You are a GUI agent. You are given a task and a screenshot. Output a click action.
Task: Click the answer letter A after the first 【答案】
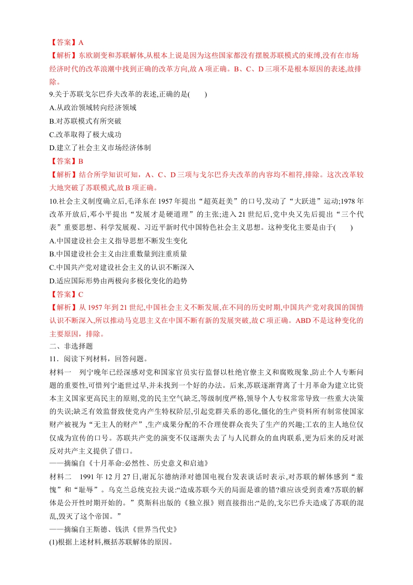pyautogui.click(x=81, y=42)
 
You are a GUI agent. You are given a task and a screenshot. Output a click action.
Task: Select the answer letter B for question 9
pyautogui.click(x=81, y=161)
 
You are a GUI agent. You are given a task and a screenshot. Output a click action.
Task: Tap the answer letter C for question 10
pyautogui.click(x=81, y=294)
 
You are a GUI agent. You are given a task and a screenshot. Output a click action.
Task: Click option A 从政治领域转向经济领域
pyautogui.click(x=93, y=108)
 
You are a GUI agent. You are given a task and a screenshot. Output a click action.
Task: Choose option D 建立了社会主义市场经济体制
pyautogui.click(x=100, y=148)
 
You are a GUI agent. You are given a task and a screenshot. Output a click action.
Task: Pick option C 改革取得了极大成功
pyautogui.click(x=86, y=134)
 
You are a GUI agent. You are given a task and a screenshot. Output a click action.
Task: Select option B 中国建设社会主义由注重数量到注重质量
pyautogui.click(x=118, y=254)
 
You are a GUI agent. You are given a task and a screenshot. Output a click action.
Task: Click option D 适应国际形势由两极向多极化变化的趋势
pyautogui.click(x=118, y=281)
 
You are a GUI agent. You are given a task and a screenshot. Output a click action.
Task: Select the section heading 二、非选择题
pyautogui.click(x=71, y=346)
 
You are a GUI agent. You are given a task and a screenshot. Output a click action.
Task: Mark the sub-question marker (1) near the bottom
pyautogui.click(x=54, y=542)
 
